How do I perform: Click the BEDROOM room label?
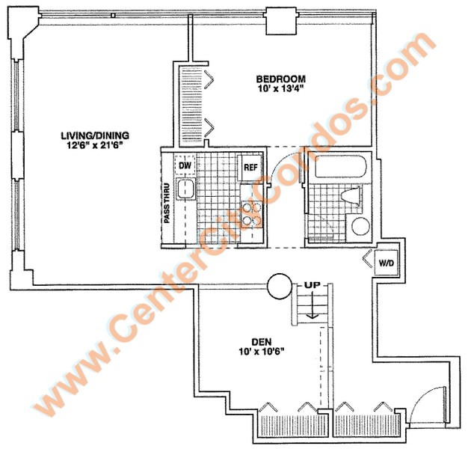click(281, 79)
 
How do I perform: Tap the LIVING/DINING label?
click(95, 135)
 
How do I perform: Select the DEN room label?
click(262, 342)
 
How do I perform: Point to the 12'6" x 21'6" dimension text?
click(95, 145)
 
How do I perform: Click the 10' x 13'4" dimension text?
click(281, 88)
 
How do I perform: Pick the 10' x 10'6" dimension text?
click(261, 351)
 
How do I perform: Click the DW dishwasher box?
click(185, 165)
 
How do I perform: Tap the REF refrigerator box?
click(250, 168)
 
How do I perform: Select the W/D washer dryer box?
click(387, 263)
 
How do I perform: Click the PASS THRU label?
click(167, 203)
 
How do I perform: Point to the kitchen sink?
click(185, 189)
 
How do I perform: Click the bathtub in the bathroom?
click(341, 167)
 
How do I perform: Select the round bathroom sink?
click(360, 226)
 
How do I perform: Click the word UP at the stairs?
click(312, 285)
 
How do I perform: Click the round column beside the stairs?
click(280, 286)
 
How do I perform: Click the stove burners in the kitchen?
click(251, 214)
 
